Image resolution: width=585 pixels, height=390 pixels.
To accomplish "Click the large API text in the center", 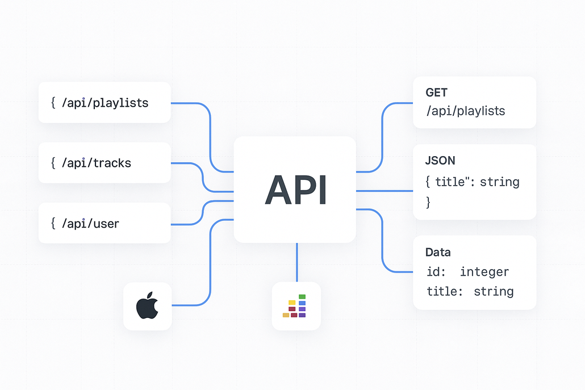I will (295, 190).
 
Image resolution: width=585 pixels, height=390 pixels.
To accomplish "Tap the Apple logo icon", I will (147, 307).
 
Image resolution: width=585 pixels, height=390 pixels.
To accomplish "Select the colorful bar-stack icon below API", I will (295, 306).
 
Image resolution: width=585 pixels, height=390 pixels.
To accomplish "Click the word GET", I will (436, 93).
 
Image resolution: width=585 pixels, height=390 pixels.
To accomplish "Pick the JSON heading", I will (440, 161).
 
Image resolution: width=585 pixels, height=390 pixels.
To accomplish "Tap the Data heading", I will (438, 252).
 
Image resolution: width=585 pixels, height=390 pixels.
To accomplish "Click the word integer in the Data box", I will (484, 272).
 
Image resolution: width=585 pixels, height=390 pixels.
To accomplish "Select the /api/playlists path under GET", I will (466, 111).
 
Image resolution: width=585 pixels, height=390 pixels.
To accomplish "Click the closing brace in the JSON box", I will (429, 202).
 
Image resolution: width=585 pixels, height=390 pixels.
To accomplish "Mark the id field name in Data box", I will (433, 272).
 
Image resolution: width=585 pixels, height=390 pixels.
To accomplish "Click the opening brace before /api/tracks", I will (53, 163).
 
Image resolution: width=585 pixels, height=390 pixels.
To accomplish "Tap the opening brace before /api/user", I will (53, 223).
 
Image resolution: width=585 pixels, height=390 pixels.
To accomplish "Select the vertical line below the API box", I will (296, 262).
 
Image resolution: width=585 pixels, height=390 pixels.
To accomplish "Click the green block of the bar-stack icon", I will (302, 296).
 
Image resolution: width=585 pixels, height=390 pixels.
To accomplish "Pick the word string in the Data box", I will (494, 292).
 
